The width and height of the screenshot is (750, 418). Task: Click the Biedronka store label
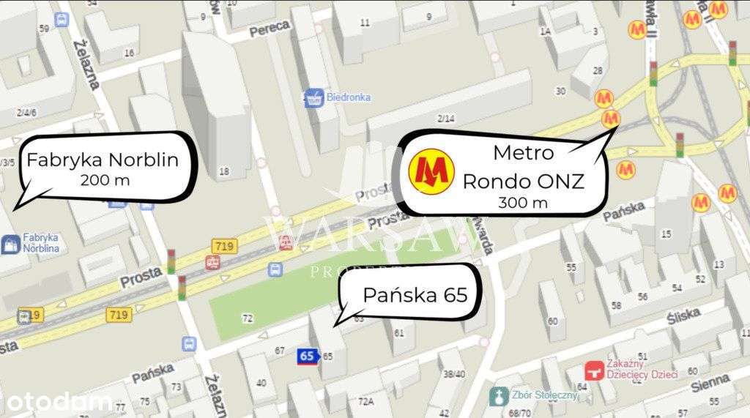click(349, 97)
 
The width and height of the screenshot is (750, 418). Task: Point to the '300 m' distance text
click(523, 203)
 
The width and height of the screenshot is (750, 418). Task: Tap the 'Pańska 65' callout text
click(415, 294)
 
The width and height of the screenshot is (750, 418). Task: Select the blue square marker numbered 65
click(307, 357)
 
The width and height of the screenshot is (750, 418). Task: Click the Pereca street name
click(270, 29)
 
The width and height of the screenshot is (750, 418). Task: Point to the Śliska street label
click(686, 318)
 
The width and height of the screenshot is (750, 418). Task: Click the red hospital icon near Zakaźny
click(594, 371)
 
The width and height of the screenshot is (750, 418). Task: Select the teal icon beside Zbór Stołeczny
click(498, 396)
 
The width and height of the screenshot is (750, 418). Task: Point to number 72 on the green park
click(247, 318)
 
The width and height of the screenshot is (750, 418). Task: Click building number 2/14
click(445, 119)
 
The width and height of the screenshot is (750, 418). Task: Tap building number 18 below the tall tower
click(224, 171)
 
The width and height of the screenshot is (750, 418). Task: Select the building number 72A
click(366, 400)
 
